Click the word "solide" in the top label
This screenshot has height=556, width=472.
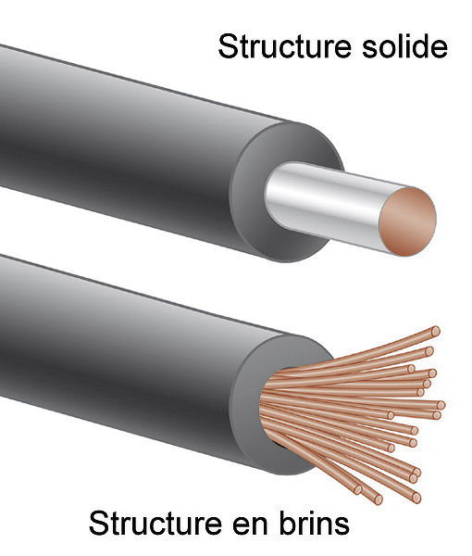click(x=404, y=45)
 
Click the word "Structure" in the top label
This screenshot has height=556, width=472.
click(x=285, y=46)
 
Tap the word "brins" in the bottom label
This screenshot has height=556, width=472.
click(x=315, y=523)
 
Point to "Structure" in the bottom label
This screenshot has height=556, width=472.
click(x=155, y=524)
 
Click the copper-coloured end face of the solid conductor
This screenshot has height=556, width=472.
click(x=407, y=221)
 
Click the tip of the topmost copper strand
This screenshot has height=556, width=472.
click(x=436, y=332)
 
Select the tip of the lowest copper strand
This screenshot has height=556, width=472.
click(x=379, y=499)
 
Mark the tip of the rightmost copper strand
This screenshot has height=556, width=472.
click(x=441, y=405)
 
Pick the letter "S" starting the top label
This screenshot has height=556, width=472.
click(x=230, y=46)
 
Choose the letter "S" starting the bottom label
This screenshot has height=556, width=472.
click(x=101, y=524)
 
